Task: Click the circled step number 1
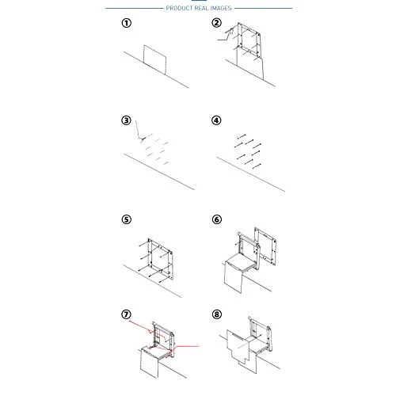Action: click(x=127, y=23)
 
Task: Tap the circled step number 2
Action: click(x=217, y=23)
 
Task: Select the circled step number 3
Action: click(x=126, y=120)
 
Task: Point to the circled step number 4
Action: click(x=216, y=120)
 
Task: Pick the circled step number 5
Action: click(x=127, y=219)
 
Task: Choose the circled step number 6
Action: click(x=217, y=219)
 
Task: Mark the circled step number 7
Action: click(x=126, y=314)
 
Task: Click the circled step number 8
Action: click(x=217, y=314)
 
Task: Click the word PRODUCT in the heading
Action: click(x=179, y=9)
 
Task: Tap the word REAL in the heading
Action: click(x=201, y=9)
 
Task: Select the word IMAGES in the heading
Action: click(x=221, y=9)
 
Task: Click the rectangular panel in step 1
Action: click(x=155, y=60)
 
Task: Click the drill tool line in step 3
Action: click(x=138, y=130)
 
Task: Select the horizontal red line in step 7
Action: click(x=188, y=346)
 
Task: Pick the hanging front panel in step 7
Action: click(x=150, y=363)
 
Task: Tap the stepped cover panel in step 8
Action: click(x=238, y=348)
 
